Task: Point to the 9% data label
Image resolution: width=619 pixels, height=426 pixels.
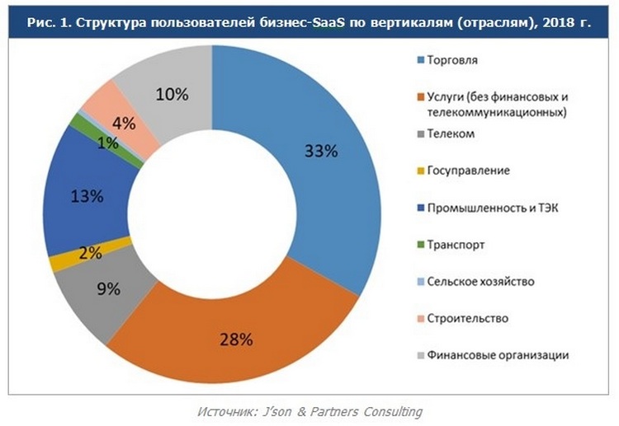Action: [x=109, y=288]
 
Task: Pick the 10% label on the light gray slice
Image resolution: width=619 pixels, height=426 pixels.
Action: [x=172, y=93]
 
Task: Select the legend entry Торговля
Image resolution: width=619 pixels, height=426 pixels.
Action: [x=453, y=61]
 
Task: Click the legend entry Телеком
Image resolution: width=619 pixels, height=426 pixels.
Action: [x=451, y=133]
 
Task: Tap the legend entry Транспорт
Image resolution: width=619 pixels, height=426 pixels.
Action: [x=456, y=245]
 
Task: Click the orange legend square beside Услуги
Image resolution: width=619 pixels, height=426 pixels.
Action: [x=419, y=97]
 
